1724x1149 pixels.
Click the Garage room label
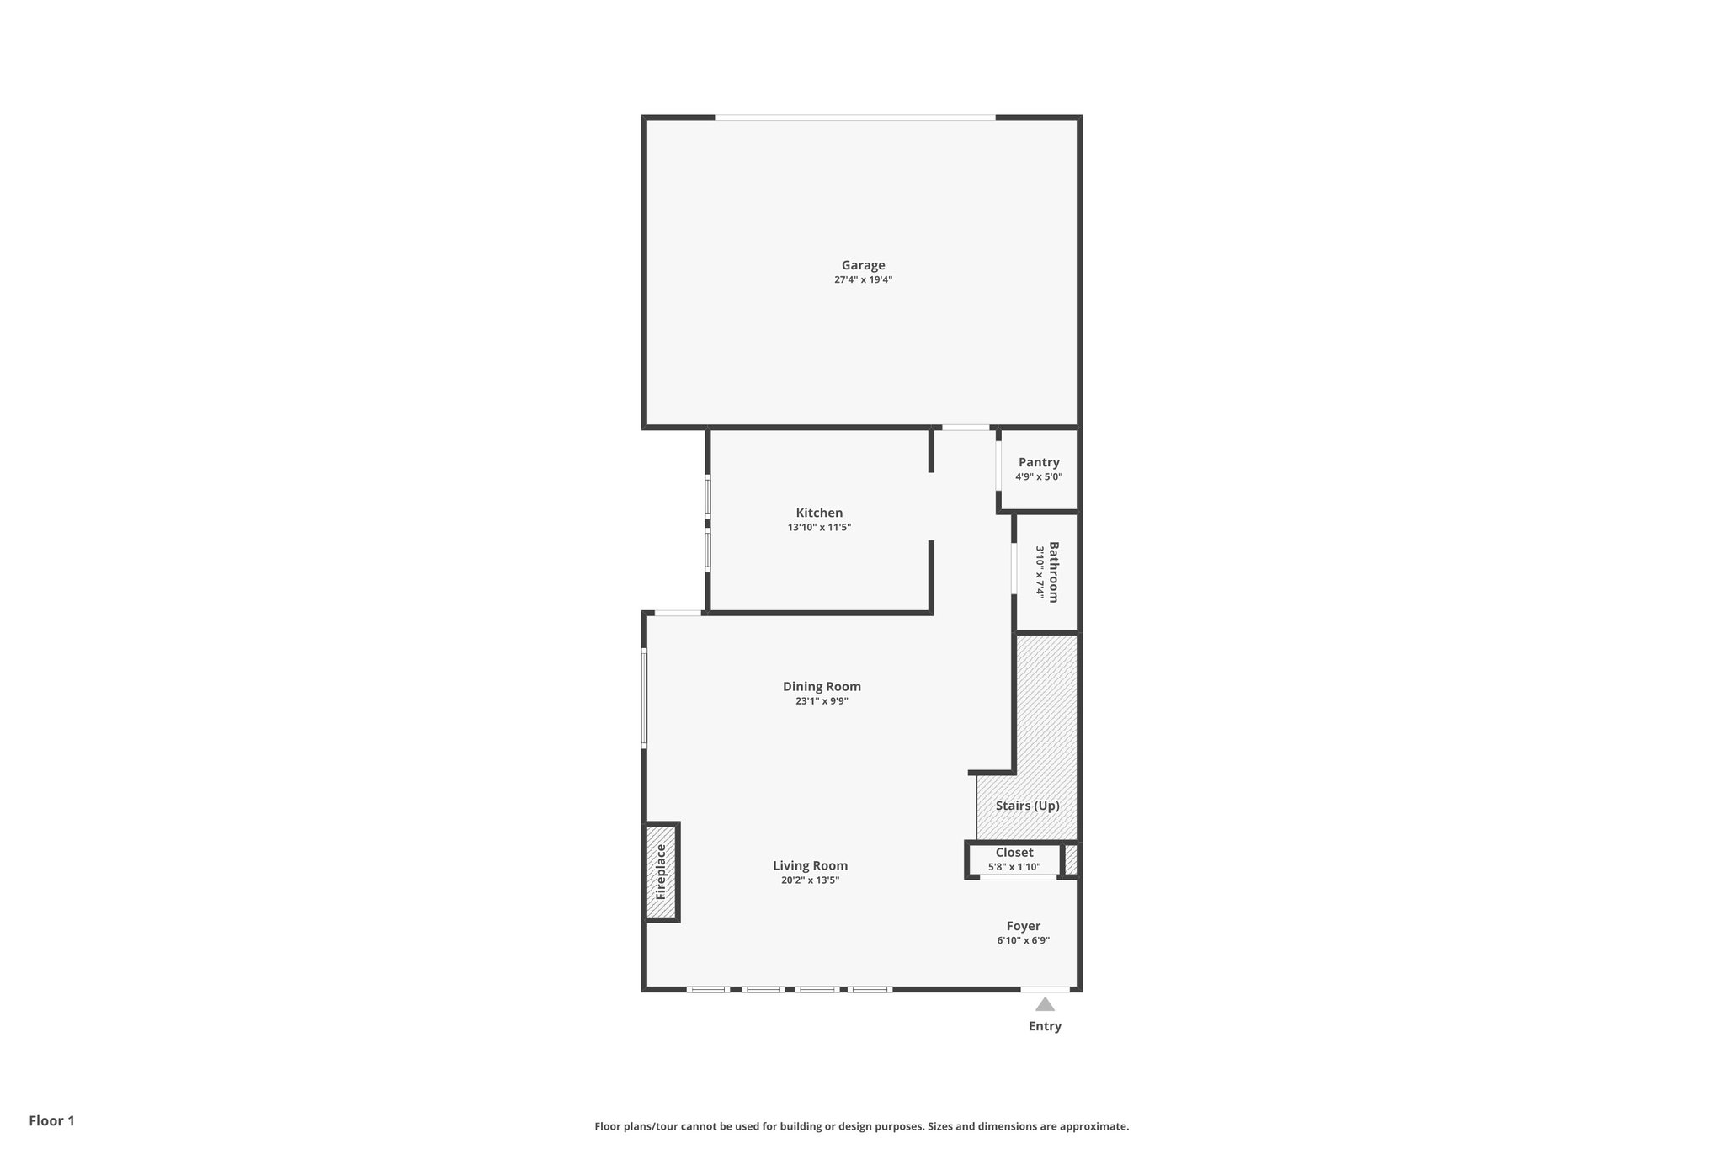[x=863, y=265]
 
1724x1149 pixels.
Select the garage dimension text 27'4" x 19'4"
[x=863, y=280]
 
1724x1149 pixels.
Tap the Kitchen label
[x=819, y=513]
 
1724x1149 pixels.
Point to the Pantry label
[x=1039, y=462]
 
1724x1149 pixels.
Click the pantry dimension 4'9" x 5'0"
[x=1039, y=477]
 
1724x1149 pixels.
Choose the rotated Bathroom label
[x=1053, y=572]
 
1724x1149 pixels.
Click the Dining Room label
[x=822, y=686]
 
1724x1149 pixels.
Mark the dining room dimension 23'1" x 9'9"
[x=822, y=701]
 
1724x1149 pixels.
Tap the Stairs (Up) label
[x=1027, y=806]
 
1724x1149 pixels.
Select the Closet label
[x=1014, y=853]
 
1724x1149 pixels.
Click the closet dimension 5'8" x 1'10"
[x=1014, y=867]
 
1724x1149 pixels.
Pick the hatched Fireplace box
[x=662, y=872]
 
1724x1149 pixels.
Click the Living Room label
[x=810, y=865]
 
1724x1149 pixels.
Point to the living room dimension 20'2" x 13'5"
[x=810, y=880]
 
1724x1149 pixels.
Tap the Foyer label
[x=1024, y=926]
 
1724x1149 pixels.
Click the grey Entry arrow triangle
[x=1045, y=1004]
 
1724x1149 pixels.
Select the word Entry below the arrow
[x=1045, y=1026]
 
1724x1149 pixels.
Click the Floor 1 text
[x=52, y=1120]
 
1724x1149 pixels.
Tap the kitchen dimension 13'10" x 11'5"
[x=819, y=528]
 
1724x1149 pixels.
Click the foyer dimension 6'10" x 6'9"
[x=1024, y=941]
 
